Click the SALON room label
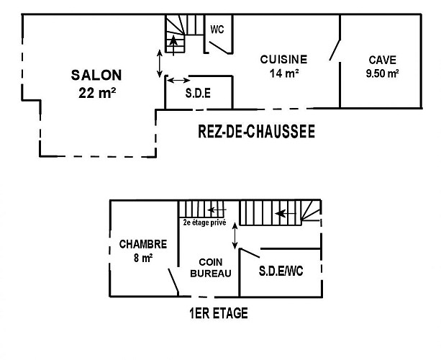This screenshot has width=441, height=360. coord(96,75)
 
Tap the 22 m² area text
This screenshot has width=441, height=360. coord(97,93)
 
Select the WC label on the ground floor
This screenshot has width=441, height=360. coord(217,30)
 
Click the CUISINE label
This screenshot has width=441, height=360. coord(283,59)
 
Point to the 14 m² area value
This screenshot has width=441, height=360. coord(284,73)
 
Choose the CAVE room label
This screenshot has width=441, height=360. coord(382,60)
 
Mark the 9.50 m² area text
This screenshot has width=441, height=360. coord(382,73)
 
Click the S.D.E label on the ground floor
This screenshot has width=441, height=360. coord(198,93)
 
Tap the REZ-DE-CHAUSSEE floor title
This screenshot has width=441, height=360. coord(257,131)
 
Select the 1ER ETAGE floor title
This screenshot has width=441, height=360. coord(219,313)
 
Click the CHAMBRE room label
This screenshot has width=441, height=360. coord(143,244)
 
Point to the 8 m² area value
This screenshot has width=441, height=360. coord(143,258)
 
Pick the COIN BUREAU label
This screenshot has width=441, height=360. coord(211,268)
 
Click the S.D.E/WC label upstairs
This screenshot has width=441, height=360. coord(281,271)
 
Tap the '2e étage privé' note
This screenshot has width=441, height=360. coord(204,222)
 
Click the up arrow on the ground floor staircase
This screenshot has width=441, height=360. coord(173,45)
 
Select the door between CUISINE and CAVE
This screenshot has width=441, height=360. coord(335,50)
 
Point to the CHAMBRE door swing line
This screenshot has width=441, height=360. coord(173,281)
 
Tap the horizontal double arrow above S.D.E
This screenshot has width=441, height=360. coord(178,81)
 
